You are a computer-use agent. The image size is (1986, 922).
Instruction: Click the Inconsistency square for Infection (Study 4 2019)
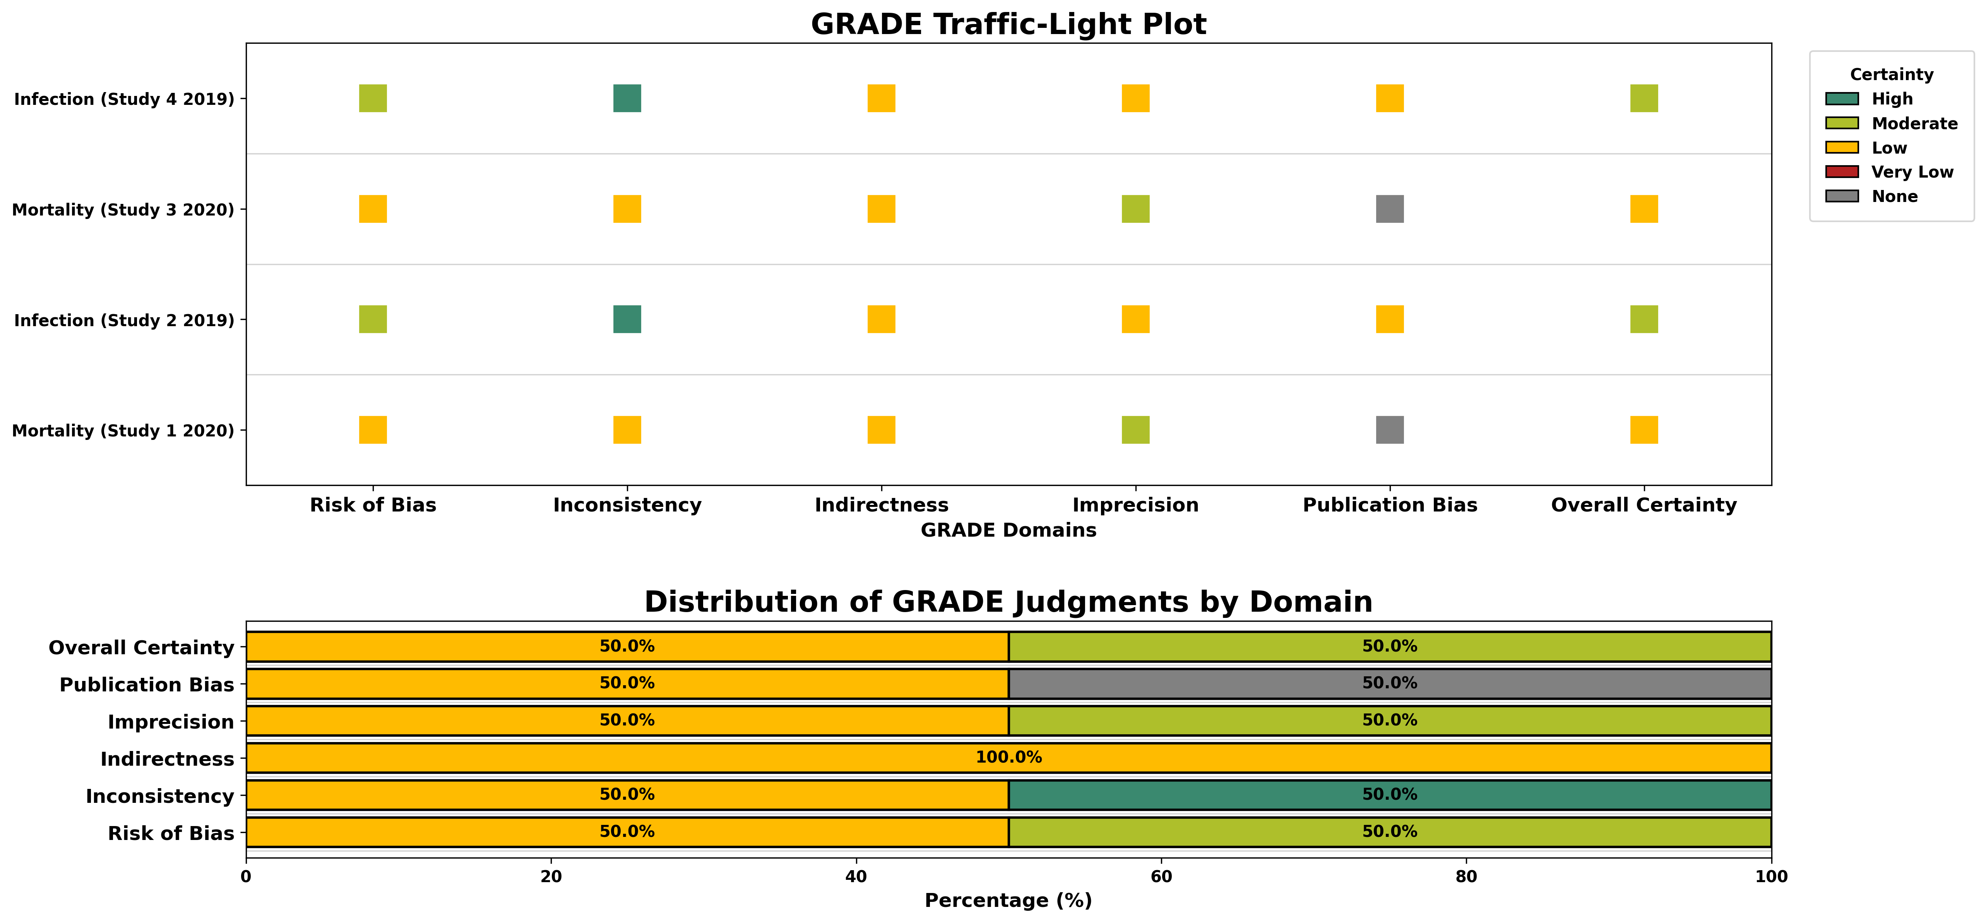627,99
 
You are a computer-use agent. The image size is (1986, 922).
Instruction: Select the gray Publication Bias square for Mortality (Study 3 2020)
1389,209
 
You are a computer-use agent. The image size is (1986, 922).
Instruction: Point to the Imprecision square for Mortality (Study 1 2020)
1135,430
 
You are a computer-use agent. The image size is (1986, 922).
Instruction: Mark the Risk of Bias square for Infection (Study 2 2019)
372,319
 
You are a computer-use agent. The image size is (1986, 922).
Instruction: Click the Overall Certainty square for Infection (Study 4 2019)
1644,99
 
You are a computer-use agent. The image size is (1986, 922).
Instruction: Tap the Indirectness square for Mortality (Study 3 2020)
881,209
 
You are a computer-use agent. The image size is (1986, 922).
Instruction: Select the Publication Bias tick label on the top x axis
1389,505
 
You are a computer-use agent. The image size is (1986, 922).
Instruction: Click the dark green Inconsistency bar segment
1389,795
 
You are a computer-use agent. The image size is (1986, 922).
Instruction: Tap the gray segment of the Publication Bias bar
1389,684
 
